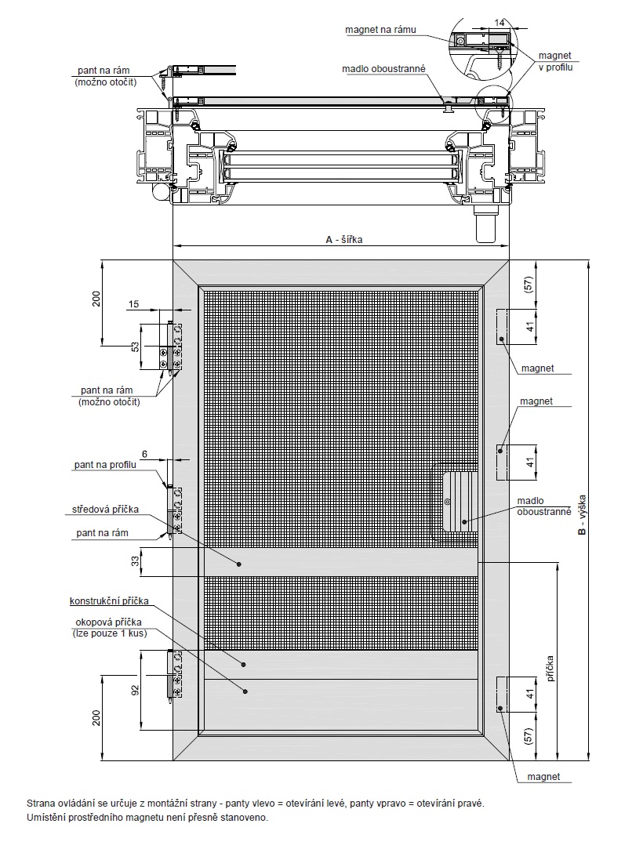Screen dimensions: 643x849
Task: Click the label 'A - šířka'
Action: click(x=343, y=239)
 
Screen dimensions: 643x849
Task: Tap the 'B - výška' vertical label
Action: click(x=583, y=515)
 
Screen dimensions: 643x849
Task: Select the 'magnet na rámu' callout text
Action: click(x=381, y=29)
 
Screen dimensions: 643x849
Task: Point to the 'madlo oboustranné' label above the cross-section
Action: click(x=383, y=69)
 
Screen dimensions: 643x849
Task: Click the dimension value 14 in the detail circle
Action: click(x=500, y=22)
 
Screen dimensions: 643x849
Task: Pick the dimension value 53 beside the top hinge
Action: click(x=136, y=346)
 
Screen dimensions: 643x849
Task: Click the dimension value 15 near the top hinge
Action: click(x=133, y=304)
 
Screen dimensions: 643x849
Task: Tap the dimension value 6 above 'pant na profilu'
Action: click(x=144, y=454)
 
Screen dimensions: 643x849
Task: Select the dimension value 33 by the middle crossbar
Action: click(x=136, y=561)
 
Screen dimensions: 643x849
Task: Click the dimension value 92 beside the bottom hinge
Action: click(x=136, y=691)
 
